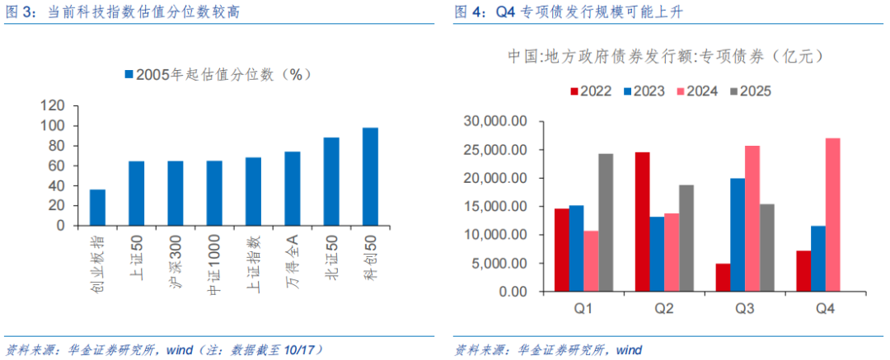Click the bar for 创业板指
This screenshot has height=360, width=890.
point(97,207)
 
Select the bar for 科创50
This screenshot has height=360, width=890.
point(370,176)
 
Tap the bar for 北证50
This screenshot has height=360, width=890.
point(331,181)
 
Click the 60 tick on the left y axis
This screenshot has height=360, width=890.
point(55,166)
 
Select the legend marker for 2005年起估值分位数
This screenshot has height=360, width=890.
point(129,75)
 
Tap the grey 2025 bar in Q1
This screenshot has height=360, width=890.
point(606,222)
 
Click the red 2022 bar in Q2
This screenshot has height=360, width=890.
point(642,222)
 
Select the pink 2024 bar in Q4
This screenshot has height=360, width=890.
point(832,214)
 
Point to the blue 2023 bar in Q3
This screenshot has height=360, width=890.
point(738,235)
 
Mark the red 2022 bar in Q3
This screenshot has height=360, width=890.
point(723,278)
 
